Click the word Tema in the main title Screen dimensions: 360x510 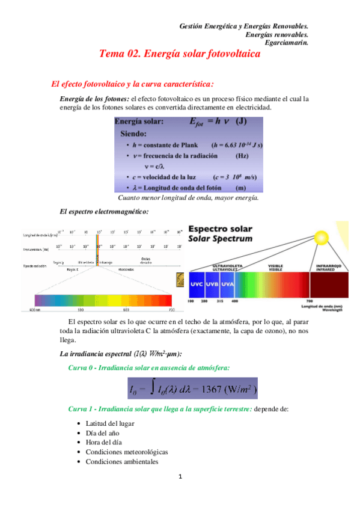point(114,54)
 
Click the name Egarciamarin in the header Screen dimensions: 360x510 point(286,42)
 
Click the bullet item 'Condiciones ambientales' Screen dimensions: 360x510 point(122,462)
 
